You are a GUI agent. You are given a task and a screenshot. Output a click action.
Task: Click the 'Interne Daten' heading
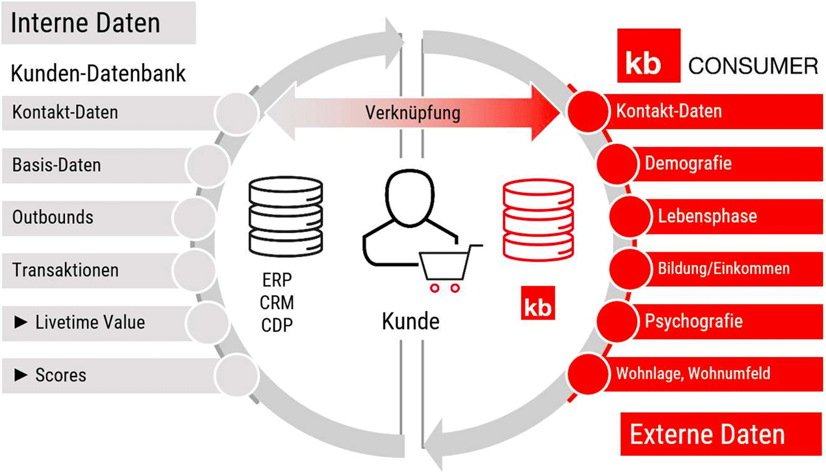(86, 23)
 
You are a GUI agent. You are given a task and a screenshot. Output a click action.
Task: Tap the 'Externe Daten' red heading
(707, 434)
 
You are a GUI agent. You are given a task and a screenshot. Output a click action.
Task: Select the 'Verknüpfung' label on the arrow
(413, 113)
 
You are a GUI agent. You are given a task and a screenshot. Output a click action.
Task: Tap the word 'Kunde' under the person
(410, 321)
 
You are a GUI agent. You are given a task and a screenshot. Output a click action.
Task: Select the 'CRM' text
(277, 303)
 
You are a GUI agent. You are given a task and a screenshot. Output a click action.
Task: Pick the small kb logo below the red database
(538, 306)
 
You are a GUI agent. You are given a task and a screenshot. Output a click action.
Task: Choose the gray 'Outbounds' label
(53, 217)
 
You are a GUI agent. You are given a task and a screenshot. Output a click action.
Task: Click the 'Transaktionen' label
(66, 269)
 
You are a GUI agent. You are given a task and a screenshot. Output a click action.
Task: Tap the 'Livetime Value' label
(90, 322)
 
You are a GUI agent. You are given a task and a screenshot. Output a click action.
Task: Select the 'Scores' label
(60, 375)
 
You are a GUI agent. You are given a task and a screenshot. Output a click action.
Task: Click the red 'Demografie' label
(688, 163)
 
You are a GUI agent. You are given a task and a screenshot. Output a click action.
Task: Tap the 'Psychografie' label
(693, 321)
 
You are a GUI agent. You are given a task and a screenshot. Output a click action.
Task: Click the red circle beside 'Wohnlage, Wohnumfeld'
(587, 373)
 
